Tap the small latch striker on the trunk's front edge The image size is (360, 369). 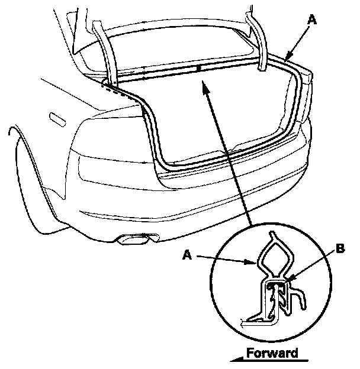coord(199,69)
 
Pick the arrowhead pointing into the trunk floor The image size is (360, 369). coord(204,88)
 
